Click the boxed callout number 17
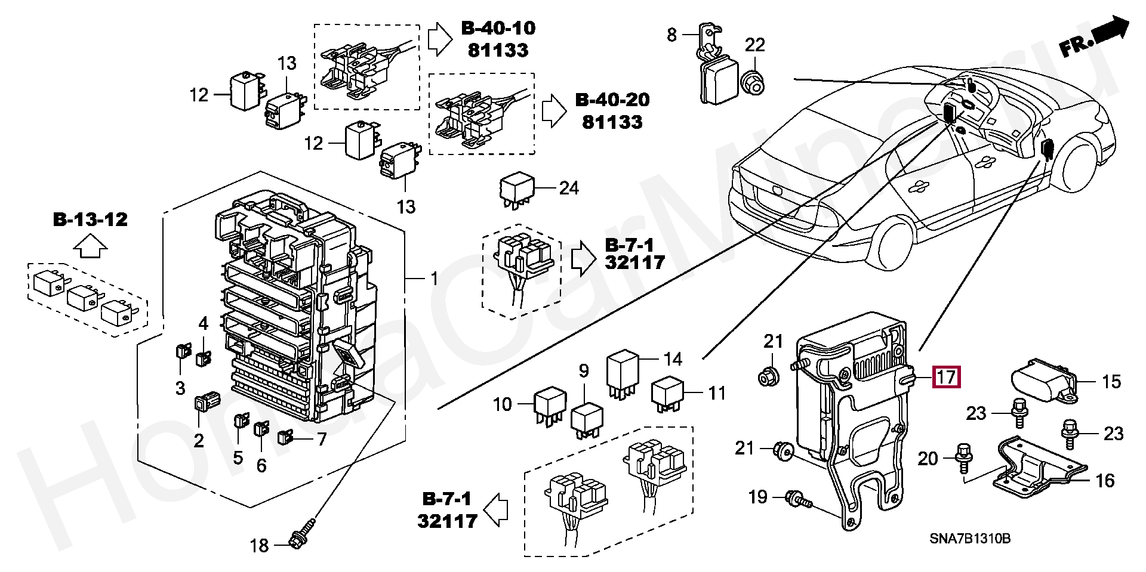[946, 378]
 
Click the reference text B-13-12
[91, 219]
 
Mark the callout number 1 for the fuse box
[435, 279]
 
